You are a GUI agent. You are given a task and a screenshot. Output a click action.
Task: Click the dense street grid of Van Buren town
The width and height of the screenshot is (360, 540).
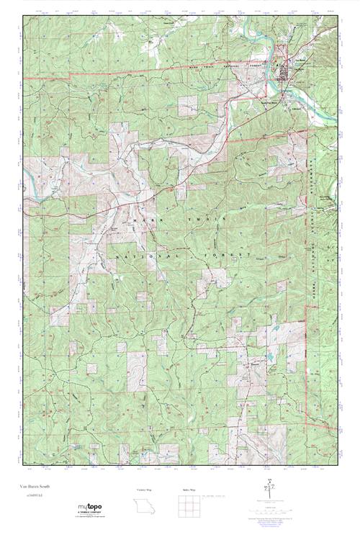291,72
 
